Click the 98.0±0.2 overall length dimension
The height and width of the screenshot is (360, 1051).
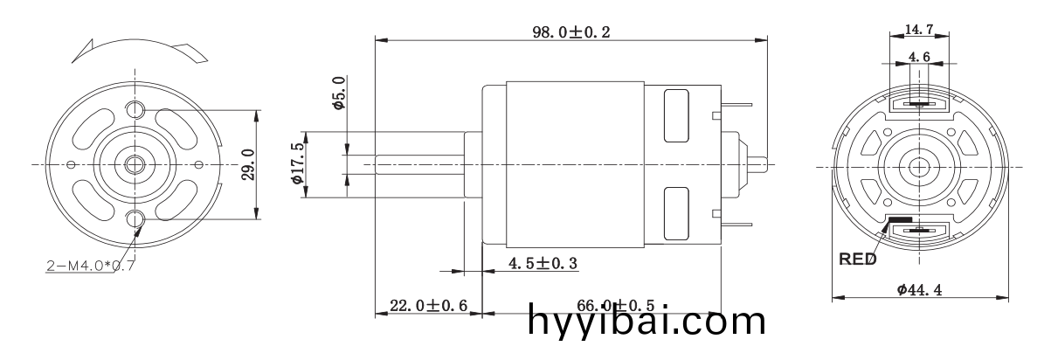coord(571,31)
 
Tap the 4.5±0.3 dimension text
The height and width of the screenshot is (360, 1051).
coord(543,262)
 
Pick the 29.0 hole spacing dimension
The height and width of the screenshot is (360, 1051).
coord(247,164)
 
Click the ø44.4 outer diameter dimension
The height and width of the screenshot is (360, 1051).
coord(918,290)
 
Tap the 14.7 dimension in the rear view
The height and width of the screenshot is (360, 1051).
coord(918,29)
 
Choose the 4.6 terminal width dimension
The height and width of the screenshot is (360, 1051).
coord(918,57)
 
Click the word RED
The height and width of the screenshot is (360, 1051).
coord(857,260)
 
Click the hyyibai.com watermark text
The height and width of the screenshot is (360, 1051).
coord(647,322)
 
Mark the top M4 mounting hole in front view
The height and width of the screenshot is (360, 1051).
coord(136,110)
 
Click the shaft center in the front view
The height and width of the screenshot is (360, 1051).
coord(136,163)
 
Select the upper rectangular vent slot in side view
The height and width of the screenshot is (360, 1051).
coord(675,115)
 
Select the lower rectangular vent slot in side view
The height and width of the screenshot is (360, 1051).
coord(675,212)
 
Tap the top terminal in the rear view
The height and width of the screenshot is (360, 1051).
coord(918,103)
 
